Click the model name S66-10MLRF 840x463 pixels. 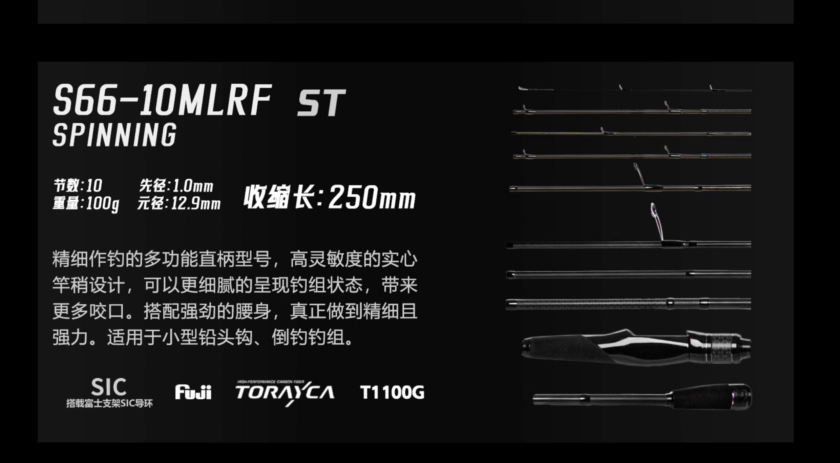162,101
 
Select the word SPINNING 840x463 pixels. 114,135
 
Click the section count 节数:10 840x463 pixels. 78,185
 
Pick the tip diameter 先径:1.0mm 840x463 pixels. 176,186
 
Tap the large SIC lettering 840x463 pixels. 109,388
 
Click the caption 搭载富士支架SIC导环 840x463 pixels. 109,403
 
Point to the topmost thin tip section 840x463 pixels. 633,90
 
